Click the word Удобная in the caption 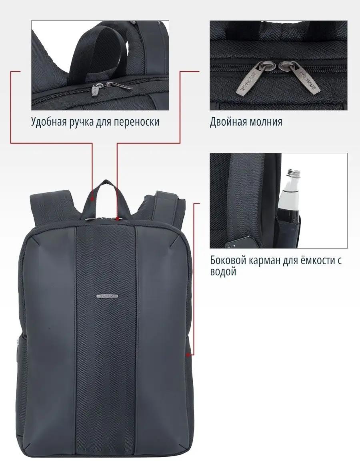pyautogui.click(x=49, y=122)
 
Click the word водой pyautogui.click(x=223, y=272)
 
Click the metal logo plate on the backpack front pyautogui.click(x=107, y=296)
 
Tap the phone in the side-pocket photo pyautogui.click(x=240, y=242)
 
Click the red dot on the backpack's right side pyautogui.click(x=188, y=355)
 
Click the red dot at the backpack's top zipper pyautogui.click(x=118, y=219)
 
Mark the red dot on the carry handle pyautogui.click(x=92, y=199)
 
